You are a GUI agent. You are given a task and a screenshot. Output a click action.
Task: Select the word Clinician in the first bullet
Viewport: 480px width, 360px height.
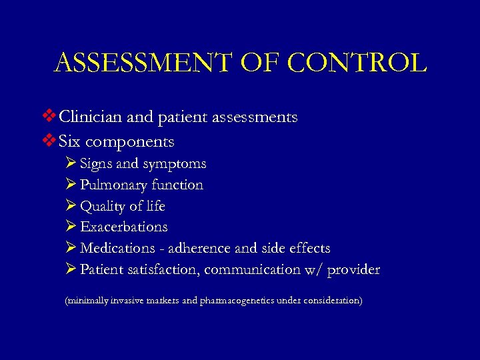[x=90, y=117]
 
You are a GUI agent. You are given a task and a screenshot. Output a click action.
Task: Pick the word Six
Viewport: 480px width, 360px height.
[x=69, y=141]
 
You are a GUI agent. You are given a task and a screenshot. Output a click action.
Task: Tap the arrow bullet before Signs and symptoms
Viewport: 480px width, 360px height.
[x=71, y=163]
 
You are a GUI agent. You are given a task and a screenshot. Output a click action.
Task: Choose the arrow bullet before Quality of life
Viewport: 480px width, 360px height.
[x=71, y=205]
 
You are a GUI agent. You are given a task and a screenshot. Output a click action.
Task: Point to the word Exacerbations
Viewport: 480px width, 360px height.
[x=124, y=227]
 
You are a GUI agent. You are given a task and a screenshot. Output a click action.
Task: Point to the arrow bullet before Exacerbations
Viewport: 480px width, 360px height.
[x=71, y=227]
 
